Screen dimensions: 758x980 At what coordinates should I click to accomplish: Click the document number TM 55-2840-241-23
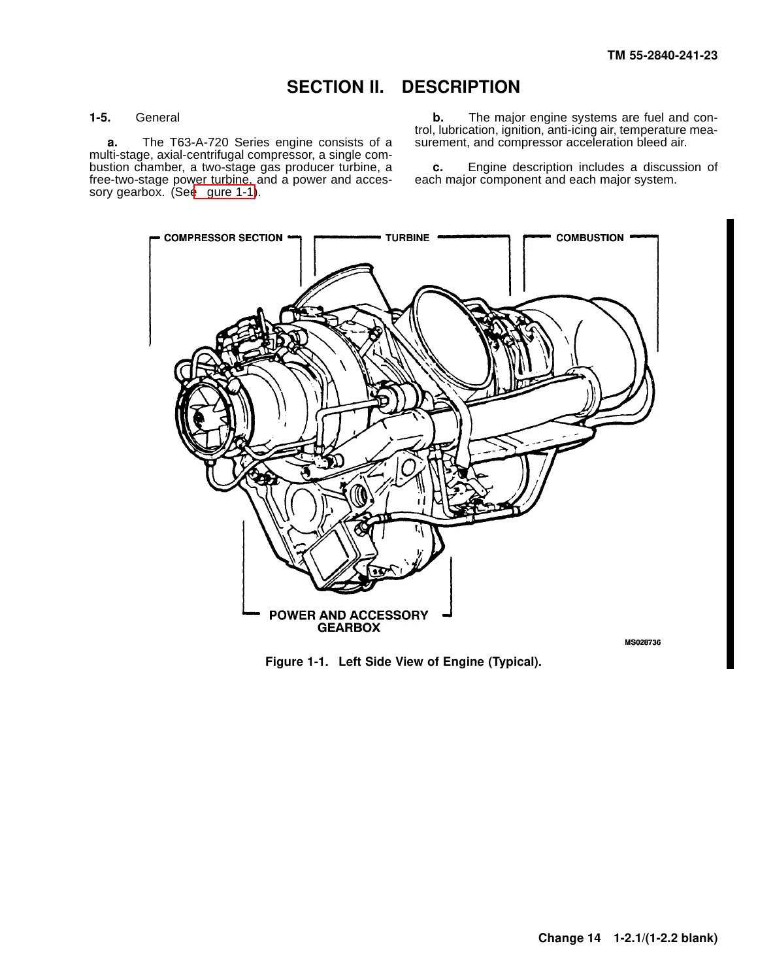point(662,56)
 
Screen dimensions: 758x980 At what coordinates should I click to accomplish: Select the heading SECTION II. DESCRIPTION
point(403,87)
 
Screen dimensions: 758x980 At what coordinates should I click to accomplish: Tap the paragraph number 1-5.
point(100,118)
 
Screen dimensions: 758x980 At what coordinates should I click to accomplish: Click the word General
point(157,118)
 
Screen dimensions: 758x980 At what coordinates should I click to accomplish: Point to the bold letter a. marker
point(112,142)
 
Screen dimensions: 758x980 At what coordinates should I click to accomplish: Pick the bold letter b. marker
point(438,118)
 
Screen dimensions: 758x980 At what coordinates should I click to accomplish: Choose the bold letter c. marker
point(438,168)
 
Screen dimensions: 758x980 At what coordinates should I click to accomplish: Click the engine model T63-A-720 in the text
point(199,142)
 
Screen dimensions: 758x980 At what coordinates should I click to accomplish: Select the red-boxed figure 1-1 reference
point(225,192)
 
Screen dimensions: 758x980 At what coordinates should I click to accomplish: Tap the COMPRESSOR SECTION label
point(223,238)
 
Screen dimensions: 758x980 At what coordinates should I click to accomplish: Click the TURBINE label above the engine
point(407,238)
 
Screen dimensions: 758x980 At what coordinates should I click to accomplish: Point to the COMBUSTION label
point(590,238)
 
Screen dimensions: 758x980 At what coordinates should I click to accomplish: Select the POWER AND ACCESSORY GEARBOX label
point(348,621)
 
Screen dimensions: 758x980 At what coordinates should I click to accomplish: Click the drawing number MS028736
point(642,643)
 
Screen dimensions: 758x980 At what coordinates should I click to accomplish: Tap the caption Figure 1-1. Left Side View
point(403,662)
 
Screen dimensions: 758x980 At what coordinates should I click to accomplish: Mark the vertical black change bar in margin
point(730,444)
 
